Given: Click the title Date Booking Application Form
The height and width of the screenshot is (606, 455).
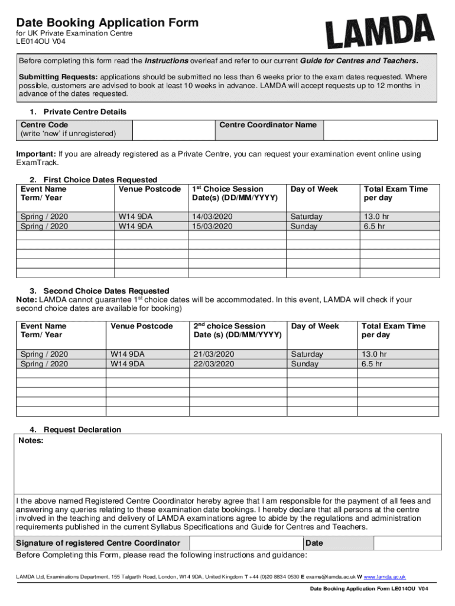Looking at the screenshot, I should coord(107,22).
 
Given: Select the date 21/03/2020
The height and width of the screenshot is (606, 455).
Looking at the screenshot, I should coord(214,354).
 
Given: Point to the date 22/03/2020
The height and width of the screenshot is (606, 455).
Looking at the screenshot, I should coord(214,364).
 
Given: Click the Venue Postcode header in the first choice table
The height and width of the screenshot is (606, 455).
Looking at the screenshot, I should coord(149,189).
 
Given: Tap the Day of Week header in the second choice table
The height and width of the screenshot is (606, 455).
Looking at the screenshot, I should coord(315,326).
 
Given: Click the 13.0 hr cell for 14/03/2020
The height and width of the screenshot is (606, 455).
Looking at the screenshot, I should coord(376,217).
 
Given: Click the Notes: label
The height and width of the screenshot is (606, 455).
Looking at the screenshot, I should coord(31,440).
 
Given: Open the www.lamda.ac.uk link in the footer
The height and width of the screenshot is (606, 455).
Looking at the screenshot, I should coord(384,576).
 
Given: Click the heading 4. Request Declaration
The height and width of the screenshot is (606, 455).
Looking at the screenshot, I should coord(76,430).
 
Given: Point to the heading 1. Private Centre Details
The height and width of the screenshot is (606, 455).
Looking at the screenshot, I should coord(78,112).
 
